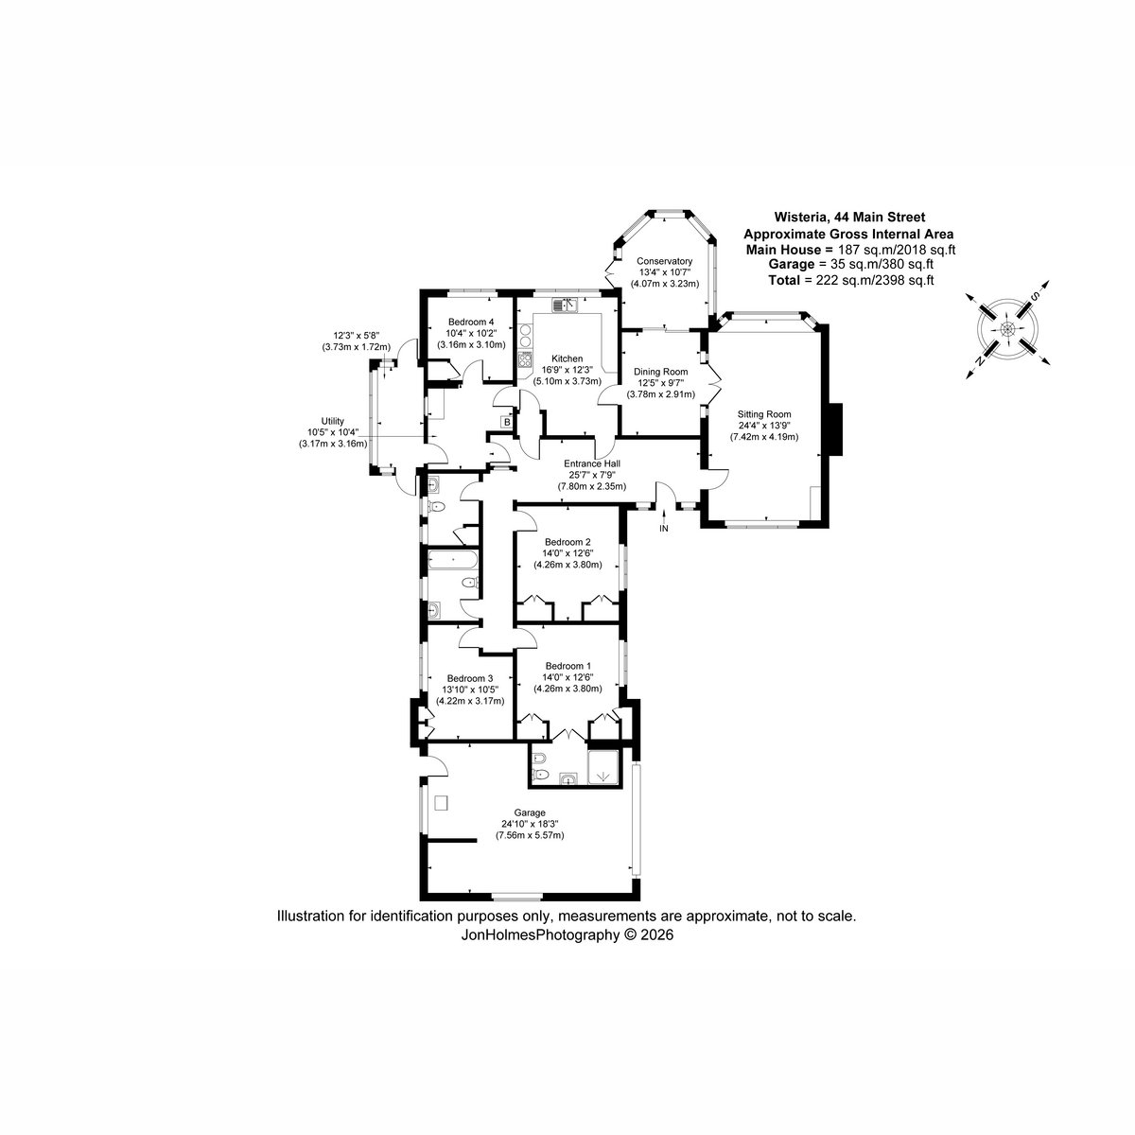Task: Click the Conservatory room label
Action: (x=664, y=261)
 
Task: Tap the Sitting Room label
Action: (x=764, y=414)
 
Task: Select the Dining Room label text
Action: (x=660, y=372)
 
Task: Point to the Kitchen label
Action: (x=567, y=358)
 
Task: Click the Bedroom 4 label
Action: (x=471, y=322)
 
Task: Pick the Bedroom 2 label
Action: (x=567, y=542)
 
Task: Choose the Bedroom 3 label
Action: (x=469, y=678)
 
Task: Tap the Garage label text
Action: (x=530, y=812)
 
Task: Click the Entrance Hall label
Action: (x=591, y=464)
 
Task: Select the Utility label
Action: (x=332, y=421)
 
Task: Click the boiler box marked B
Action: (x=506, y=422)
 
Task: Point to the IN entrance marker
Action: (x=664, y=529)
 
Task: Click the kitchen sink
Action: (x=566, y=306)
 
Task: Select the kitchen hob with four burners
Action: (x=525, y=359)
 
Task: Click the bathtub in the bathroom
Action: (x=453, y=559)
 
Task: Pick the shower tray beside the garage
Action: (x=603, y=767)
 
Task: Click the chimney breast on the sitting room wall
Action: (x=835, y=428)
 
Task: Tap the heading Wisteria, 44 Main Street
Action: (x=849, y=218)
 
